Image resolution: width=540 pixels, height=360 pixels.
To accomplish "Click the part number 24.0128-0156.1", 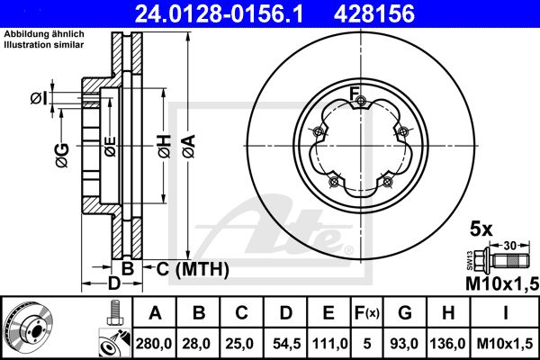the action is click(219, 13).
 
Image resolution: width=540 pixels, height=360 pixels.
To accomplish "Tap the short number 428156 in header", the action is click(374, 13).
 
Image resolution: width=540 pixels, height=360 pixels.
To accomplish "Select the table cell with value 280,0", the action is click(154, 343).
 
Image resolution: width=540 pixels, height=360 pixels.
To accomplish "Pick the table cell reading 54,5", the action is click(286, 343).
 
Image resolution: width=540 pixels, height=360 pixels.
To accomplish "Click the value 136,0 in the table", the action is click(447, 343).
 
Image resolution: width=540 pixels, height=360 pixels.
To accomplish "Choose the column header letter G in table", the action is click(405, 313).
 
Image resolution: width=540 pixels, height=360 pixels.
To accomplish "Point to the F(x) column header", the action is click(367, 313).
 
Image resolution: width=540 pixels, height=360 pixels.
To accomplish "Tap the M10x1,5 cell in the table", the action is click(505, 343).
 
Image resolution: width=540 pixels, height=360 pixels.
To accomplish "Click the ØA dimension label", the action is click(189, 147).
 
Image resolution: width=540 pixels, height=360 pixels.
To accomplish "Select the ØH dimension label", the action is click(165, 147).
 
